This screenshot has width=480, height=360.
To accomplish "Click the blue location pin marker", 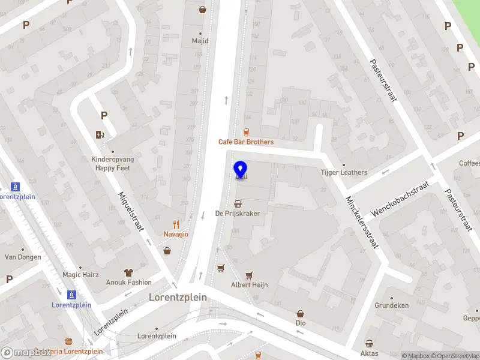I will point(241,170).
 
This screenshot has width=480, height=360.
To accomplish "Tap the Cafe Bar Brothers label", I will point(245,142).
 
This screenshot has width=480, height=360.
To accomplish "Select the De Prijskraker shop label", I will point(238,214).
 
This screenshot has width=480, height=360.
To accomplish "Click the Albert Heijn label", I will point(249,285).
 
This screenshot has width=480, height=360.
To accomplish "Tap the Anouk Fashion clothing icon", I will point(128,272).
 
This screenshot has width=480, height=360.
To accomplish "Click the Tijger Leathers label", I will point(344,173).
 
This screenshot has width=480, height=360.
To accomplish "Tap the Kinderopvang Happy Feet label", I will point(113,164).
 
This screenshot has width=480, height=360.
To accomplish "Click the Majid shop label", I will point(200,41).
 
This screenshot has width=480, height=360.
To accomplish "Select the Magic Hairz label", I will point(80,275).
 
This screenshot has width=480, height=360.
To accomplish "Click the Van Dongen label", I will point(23,257).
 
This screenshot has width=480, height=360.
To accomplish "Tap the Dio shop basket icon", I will point(301,313).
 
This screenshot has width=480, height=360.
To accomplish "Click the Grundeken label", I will point(392,305).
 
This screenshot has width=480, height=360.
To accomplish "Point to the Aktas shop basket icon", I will point(370,344).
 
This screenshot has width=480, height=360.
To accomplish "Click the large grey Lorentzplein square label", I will point(178,297).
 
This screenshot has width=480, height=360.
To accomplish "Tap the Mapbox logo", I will point(26,353).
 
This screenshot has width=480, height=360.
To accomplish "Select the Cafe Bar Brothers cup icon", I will point(245,132).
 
